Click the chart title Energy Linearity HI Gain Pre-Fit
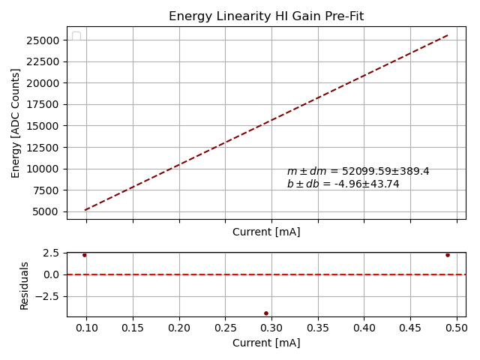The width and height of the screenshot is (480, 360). tap(266, 16)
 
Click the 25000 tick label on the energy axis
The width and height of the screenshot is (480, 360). tap(44, 40)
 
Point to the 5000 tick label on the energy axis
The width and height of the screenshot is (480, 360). tap(47, 211)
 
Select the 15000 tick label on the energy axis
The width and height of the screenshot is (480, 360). tap(44, 126)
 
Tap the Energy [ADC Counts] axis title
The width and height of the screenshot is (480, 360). tap(16, 123)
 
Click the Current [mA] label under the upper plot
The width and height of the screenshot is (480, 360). tap(266, 232)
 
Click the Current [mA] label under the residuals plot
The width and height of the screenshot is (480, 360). tap(266, 343)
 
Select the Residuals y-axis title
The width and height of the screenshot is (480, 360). tap(25, 285)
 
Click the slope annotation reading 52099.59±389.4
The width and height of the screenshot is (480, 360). tap(358, 172)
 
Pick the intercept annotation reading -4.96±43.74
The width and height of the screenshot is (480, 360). tap(343, 184)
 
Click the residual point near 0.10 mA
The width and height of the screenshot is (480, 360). tap(84, 255)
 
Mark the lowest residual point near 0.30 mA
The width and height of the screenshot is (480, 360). tap(266, 313)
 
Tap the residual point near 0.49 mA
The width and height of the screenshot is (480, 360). tap(448, 255)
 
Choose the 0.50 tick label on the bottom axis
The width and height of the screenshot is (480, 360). tap(456, 328)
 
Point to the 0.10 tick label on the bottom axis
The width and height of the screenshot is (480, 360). tap(87, 328)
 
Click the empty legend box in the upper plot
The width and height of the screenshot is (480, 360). tap(76, 36)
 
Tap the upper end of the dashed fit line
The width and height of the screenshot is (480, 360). tap(448, 34)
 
